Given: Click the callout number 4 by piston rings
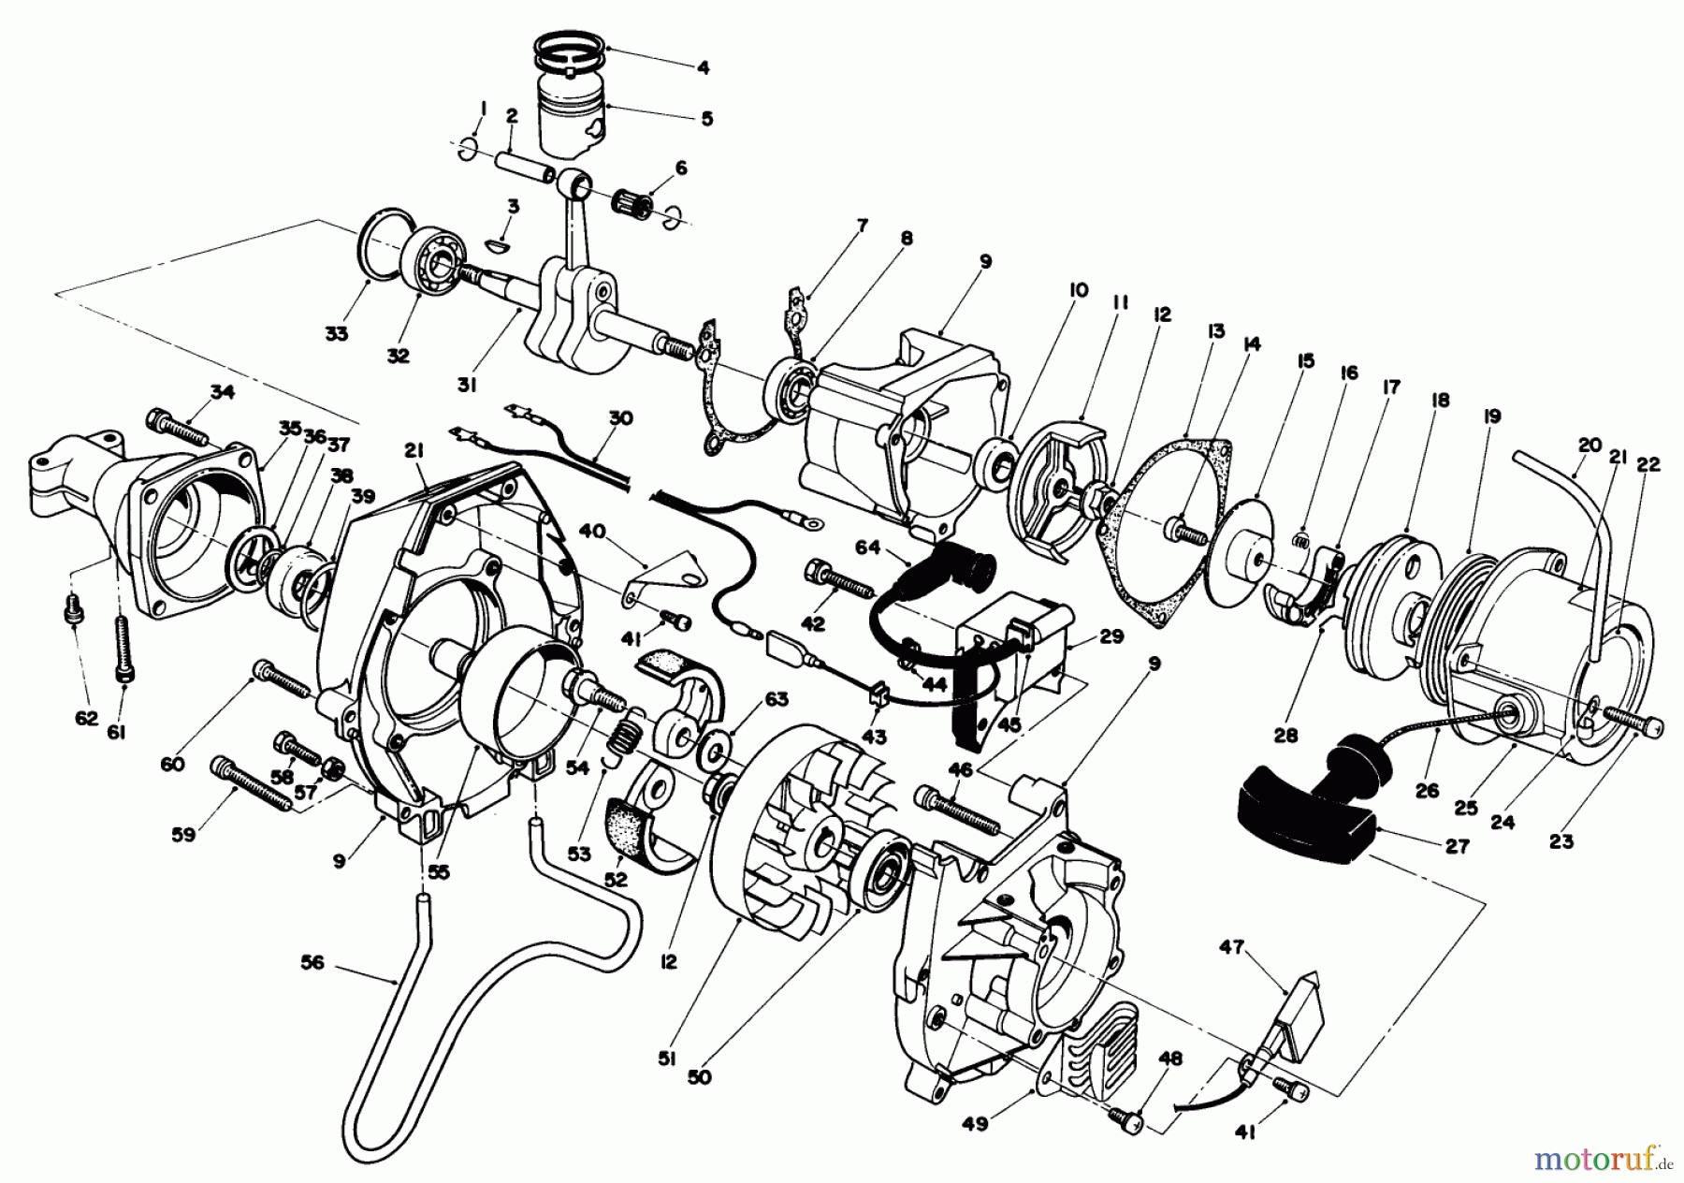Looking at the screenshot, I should click(703, 66).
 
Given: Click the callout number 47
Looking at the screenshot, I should click(1231, 947).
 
